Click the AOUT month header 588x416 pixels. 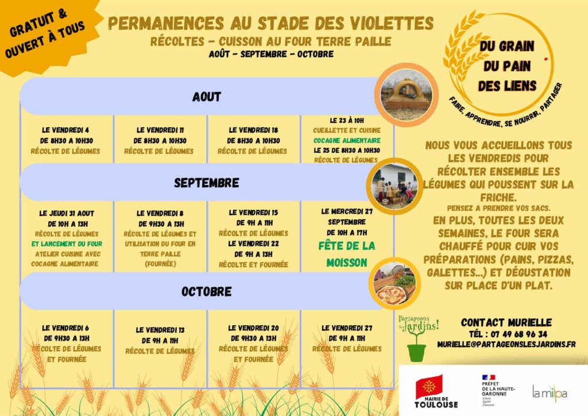[206, 97]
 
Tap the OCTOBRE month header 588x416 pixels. [206, 291]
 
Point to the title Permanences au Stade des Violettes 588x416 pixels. [270, 23]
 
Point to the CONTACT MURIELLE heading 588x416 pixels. [506, 322]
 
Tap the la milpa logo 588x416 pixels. [549, 393]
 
